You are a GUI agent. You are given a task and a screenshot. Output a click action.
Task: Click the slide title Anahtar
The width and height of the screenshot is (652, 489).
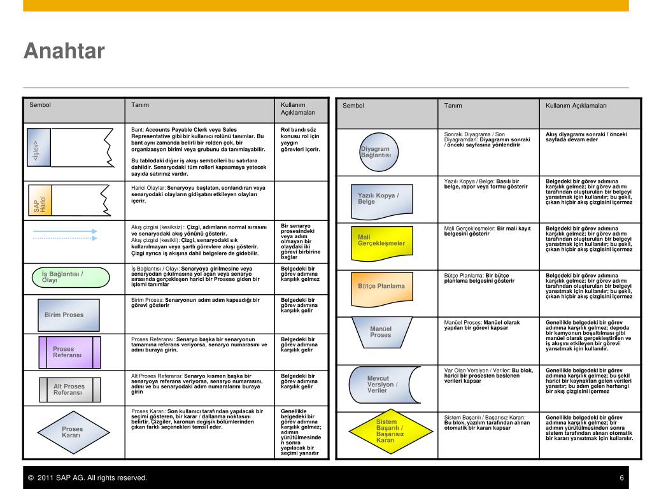64,52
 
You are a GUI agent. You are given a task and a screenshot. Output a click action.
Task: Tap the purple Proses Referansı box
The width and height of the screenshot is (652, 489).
69,352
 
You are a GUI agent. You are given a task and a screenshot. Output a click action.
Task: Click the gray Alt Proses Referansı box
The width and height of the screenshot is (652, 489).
69,390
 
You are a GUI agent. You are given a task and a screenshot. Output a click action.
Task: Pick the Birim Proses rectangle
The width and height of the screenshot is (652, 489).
64,315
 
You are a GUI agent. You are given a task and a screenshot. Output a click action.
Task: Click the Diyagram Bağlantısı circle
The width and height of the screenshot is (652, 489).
375,152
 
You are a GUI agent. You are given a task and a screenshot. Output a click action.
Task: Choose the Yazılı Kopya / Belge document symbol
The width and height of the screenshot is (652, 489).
378,198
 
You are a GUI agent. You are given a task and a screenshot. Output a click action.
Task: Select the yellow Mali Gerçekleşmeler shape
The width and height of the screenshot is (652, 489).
381,242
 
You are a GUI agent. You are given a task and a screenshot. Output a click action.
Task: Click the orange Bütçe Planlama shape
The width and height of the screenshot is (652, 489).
381,286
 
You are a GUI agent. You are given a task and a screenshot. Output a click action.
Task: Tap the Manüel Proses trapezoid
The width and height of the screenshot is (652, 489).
381,331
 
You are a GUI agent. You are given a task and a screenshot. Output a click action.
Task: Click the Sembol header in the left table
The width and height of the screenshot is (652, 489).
39,105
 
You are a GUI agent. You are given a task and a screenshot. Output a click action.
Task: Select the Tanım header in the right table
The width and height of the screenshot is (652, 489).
453,106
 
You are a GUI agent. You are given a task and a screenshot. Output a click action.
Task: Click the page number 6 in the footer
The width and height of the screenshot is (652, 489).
621,478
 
